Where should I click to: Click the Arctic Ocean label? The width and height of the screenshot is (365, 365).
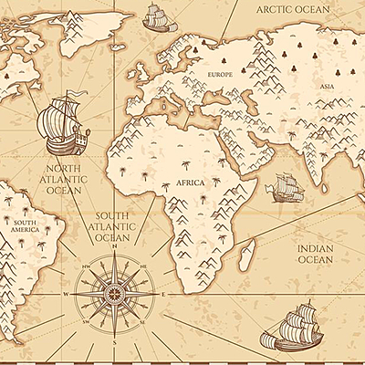[x=293, y=9]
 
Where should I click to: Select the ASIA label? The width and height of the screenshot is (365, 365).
[x=327, y=87]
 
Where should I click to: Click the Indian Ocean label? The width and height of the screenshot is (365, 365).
[x=317, y=253]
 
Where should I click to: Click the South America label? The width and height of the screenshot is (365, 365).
[x=25, y=225]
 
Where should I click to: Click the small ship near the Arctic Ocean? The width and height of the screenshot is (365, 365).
[x=156, y=16]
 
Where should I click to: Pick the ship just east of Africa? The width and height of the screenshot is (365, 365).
[x=284, y=189]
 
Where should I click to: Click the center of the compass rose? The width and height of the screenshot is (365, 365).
[x=114, y=295]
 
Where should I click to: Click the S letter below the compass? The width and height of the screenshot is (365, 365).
[x=114, y=343]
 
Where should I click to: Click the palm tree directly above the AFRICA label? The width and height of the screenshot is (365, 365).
[x=186, y=167]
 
